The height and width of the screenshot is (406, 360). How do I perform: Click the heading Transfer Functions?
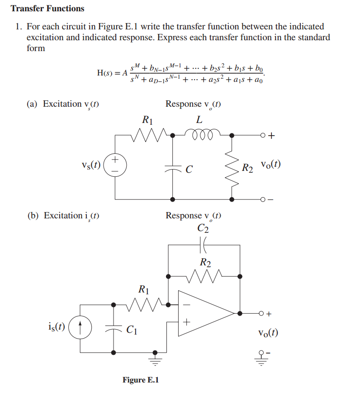[x=47, y=9]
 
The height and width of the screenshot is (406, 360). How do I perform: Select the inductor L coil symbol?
[x=199, y=133]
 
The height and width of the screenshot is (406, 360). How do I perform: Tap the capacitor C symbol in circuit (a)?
[x=173, y=168]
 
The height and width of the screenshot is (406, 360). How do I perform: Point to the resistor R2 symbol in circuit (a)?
[x=232, y=167]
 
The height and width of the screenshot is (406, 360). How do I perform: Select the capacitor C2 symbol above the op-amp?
[x=204, y=245]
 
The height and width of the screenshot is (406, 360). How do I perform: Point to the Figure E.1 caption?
[x=141, y=380]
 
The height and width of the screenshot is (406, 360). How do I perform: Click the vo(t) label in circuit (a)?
[x=270, y=165]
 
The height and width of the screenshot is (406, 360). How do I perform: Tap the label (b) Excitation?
[x=63, y=215]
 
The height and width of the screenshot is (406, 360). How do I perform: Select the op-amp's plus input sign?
[x=186, y=322]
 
